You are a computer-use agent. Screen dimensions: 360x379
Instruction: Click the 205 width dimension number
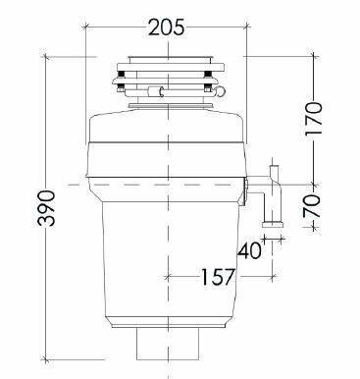pos(167,27)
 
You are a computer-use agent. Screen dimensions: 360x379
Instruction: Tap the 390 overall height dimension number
pos(46,208)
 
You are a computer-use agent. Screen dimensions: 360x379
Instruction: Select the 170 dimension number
pos(314,119)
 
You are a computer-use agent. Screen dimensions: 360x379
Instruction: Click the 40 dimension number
pos(249,250)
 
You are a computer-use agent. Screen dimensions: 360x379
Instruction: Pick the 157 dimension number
pos(218,277)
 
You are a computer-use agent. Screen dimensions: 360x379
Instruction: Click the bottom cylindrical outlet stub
pos(168,344)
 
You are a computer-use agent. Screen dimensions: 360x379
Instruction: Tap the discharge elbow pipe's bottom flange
pos(272,225)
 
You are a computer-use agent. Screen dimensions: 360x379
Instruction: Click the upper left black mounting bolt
pos(121,75)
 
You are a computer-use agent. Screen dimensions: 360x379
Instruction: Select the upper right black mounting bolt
pos(207,75)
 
